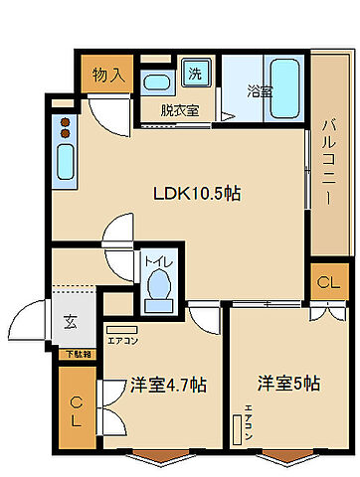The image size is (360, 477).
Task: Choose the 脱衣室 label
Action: pyautogui.click(x=179, y=110)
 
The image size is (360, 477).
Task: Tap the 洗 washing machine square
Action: pyautogui.click(x=196, y=74)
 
